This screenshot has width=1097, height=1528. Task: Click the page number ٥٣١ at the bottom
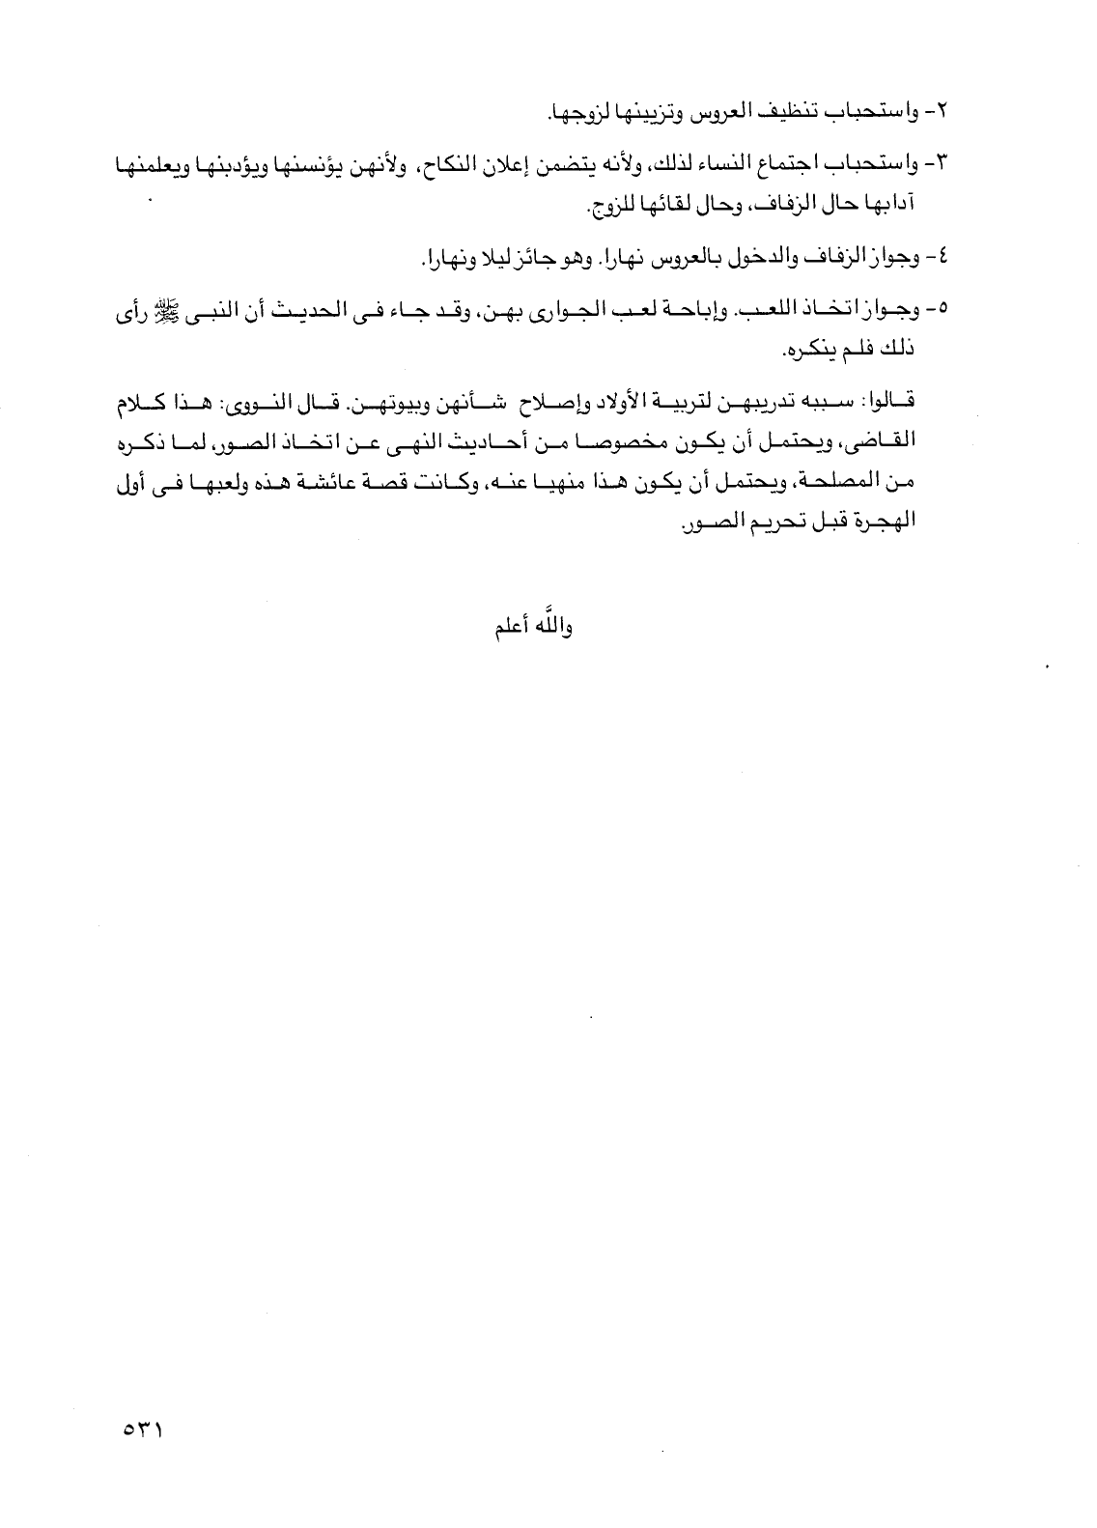[142, 1425]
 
